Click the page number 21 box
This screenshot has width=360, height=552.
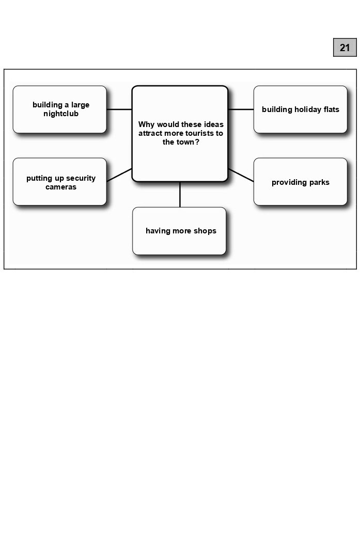pyautogui.click(x=345, y=48)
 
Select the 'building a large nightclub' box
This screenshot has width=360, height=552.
pyautogui.click(x=59, y=109)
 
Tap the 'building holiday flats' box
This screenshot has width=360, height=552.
pyautogui.click(x=300, y=109)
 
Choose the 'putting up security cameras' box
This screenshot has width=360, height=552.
pyautogui.click(x=59, y=182)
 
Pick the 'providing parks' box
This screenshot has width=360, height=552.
pyautogui.click(x=300, y=182)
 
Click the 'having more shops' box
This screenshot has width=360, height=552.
pyautogui.click(x=179, y=231)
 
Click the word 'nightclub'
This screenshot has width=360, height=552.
pyautogui.click(x=61, y=114)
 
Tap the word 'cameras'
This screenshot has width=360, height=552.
pyautogui.click(x=61, y=187)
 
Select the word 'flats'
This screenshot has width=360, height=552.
pyautogui.click(x=330, y=109)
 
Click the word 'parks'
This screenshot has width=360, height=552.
pyautogui.click(x=318, y=182)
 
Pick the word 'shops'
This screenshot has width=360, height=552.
pyautogui.click(x=205, y=231)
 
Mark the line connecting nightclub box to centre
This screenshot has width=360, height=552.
pyautogui.click(x=119, y=109)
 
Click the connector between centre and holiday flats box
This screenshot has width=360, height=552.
pyautogui.click(x=241, y=109)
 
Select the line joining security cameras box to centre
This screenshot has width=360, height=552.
pyautogui.click(x=119, y=175)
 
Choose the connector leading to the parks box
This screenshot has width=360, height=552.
pyautogui.click(x=241, y=175)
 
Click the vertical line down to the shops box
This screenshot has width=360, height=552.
pyautogui.click(x=180, y=195)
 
